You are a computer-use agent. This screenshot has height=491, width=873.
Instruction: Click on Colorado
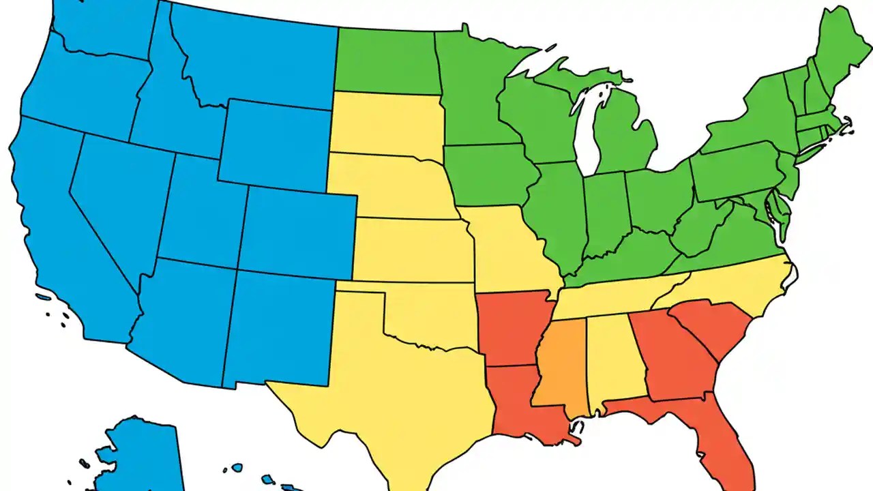(x=297, y=232)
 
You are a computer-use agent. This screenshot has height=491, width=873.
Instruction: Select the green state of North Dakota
(x=385, y=61)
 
